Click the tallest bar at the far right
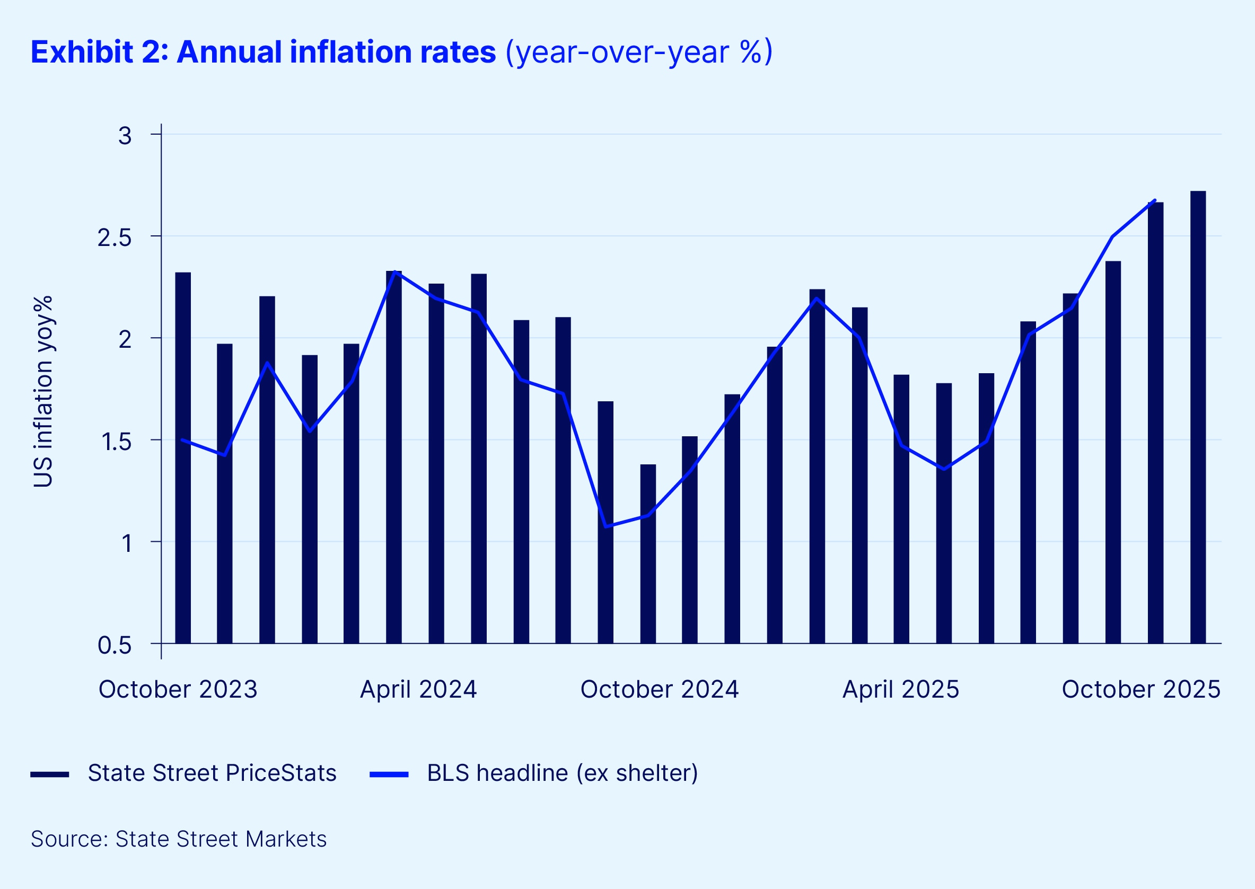coord(1198,416)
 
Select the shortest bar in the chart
coord(648,553)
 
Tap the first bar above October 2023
coord(183,457)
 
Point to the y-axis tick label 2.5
coord(115,237)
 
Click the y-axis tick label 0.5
coord(115,645)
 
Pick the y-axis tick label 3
coord(125,136)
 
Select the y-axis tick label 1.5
coord(116,442)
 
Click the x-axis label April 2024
coord(418,689)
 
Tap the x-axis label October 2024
coord(659,689)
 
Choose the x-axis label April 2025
coord(901,689)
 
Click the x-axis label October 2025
coord(1141,689)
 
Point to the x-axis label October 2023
coord(178,689)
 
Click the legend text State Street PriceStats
coord(212,773)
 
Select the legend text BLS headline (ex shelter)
coord(563,773)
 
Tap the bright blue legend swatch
coord(389,774)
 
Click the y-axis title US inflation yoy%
coord(43,391)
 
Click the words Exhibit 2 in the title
coord(99,52)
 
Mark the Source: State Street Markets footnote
coord(179,839)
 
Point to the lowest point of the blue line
coord(606,526)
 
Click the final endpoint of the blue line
coord(1155,200)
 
